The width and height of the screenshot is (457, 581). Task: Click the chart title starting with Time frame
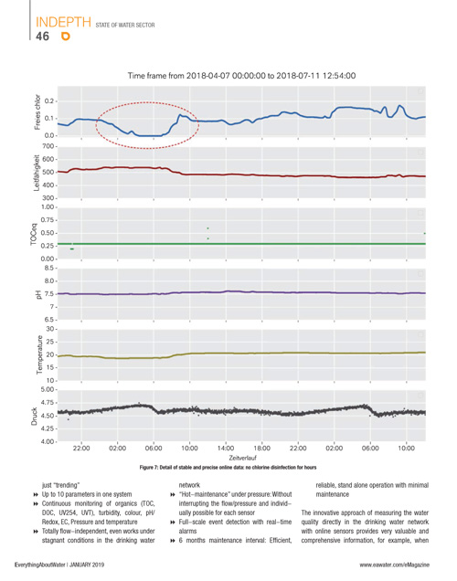[x=241, y=76]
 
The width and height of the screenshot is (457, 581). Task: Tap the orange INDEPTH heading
[x=63, y=22]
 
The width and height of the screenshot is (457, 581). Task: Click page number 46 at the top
[x=42, y=37]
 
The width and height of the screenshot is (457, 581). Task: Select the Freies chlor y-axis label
[x=37, y=111]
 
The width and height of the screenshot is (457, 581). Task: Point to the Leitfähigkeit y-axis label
[x=37, y=173]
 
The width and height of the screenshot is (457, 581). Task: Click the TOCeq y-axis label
[x=34, y=234]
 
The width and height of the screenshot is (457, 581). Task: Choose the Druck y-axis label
[x=35, y=417]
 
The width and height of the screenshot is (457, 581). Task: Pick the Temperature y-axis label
[x=39, y=355]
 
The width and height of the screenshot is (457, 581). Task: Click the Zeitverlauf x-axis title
[x=243, y=458]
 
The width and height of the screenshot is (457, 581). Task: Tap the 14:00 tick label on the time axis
[x=226, y=449]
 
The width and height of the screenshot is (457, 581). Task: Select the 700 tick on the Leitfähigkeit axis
[x=48, y=146]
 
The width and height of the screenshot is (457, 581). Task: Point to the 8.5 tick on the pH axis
[x=49, y=268]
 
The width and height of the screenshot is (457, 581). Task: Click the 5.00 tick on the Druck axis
[x=48, y=389]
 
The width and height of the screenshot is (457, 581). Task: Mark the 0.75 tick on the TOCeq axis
[x=48, y=220]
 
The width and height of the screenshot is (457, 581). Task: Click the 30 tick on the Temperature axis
[x=50, y=329]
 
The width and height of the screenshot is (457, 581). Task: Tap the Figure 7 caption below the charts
[x=228, y=467]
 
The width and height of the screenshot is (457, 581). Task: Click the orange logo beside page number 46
[x=66, y=37]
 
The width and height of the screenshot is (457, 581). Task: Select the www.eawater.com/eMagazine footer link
[x=394, y=565]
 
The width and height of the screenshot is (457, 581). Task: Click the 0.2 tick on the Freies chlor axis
[x=49, y=101]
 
